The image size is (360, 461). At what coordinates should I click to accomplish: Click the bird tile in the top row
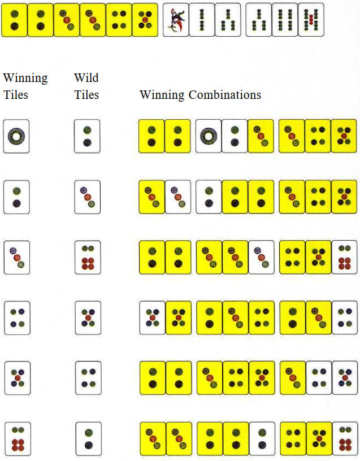[176, 20]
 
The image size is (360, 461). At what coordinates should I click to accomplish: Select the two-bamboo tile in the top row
[202, 20]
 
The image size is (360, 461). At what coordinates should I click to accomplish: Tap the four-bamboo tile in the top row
[285, 20]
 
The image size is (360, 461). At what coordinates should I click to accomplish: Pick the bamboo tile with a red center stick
[311, 20]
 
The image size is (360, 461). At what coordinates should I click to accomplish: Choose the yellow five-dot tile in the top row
[145, 20]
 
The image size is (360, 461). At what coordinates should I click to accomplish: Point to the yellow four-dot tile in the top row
[119, 20]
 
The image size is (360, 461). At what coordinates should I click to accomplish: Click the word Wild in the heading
[86, 78]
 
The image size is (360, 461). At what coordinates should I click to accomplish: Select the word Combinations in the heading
[225, 95]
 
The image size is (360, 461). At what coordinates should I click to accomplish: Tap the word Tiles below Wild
[86, 95]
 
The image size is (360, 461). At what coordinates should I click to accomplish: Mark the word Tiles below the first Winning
[16, 95]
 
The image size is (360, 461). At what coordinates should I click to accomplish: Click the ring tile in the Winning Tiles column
[16, 136]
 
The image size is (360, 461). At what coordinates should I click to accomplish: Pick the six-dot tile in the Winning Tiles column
[18, 439]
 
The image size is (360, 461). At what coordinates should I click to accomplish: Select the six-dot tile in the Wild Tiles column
[88, 258]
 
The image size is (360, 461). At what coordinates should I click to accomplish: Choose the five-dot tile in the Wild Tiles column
[88, 318]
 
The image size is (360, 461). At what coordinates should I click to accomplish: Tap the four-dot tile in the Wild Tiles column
[88, 378]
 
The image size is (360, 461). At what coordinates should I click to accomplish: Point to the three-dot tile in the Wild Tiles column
[88, 197]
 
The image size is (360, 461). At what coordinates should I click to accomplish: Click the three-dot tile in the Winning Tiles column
[17, 258]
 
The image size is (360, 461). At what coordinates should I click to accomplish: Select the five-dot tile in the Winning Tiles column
[18, 378]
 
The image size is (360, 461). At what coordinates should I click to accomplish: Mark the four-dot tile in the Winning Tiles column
[17, 318]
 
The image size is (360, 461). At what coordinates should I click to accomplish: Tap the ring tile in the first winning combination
[208, 136]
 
